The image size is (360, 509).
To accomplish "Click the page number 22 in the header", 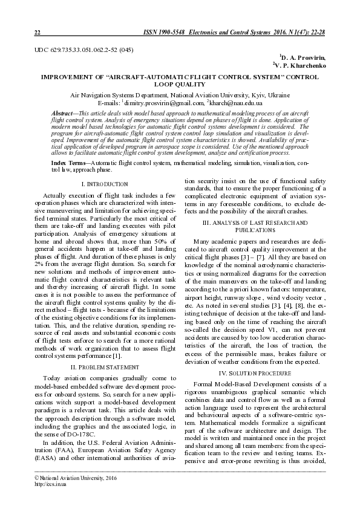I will click(37, 32).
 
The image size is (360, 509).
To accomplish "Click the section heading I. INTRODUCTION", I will click(104, 183).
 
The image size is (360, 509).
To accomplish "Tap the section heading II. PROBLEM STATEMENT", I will click(104, 367).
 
